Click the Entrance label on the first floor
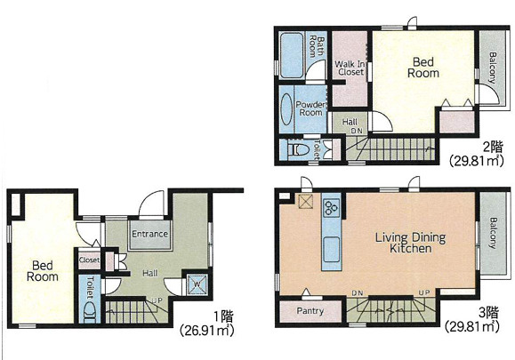click(x=149, y=234)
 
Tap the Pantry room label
click(x=310, y=311)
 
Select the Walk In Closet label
click(x=350, y=68)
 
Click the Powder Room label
click(x=310, y=108)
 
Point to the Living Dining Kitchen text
click(x=411, y=243)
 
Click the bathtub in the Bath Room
click(x=292, y=55)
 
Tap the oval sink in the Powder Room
click(x=286, y=109)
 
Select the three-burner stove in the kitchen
click(x=332, y=207)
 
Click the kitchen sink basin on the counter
click(x=332, y=250)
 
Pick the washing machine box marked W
click(x=197, y=284)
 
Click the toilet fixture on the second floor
click(x=298, y=150)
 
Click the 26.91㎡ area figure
click(x=207, y=330)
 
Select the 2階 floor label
click(x=493, y=147)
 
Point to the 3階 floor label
click(x=489, y=313)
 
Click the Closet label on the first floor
click(x=89, y=260)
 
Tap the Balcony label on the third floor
click(x=493, y=233)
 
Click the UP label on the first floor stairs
click(x=157, y=300)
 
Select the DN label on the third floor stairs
click(x=357, y=292)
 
